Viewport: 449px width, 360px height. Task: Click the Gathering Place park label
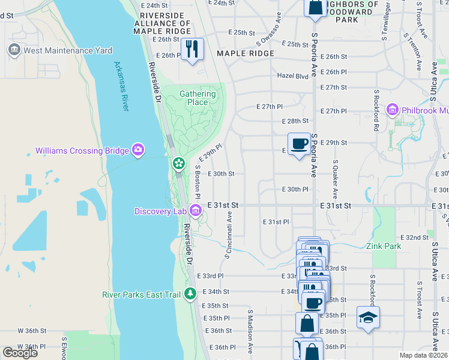pyautogui.click(x=197, y=98)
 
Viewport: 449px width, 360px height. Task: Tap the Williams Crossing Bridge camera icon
pyautogui.click(x=139, y=149)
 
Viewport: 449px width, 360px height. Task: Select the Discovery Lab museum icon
pyautogui.click(x=196, y=211)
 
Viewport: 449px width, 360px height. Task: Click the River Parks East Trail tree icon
pyautogui.click(x=190, y=293)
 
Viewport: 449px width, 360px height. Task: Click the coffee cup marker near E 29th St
pyautogui.click(x=299, y=144)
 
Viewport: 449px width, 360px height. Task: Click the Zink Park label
pyautogui.click(x=384, y=246)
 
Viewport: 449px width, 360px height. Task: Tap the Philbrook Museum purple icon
pyautogui.click(x=393, y=110)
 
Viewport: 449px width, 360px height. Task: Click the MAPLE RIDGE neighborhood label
pyautogui.click(x=246, y=53)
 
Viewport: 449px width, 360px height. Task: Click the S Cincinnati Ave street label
pyautogui.click(x=229, y=235)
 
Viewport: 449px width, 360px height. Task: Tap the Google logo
pyautogui.click(x=20, y=353)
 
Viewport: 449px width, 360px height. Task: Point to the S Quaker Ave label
pyautogui.click(x=335, y=179)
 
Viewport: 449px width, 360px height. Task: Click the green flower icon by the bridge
pyautogui.click(x=178, y=163)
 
